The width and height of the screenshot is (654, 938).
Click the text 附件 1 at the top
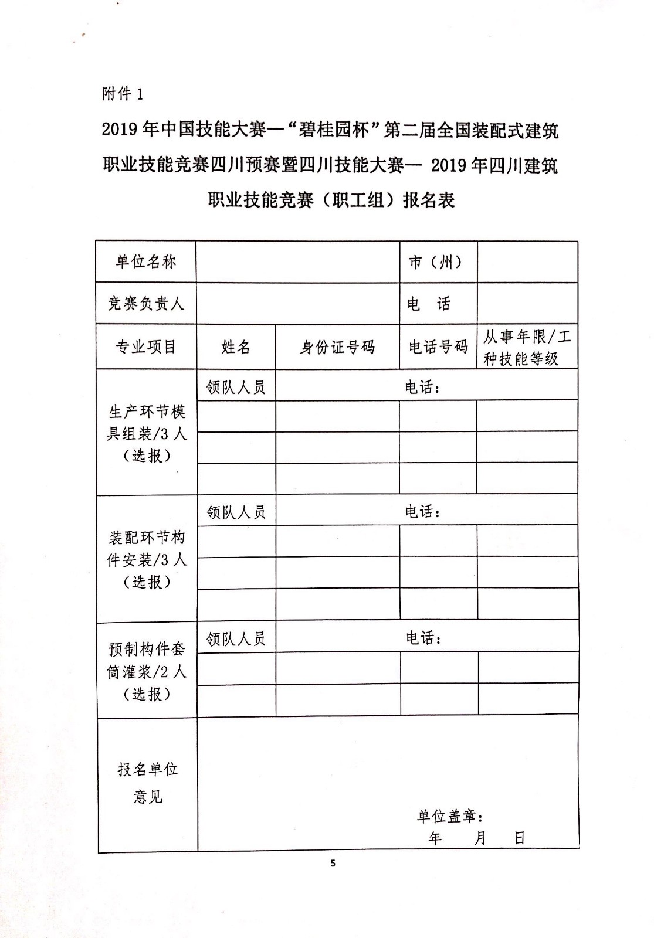coord(123,94)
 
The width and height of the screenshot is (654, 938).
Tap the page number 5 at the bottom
coord(333,862)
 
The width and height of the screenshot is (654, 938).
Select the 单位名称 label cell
coord(146,261)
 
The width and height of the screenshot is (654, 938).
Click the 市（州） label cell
coord(437,262)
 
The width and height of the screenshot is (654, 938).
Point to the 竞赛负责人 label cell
coord(146,303)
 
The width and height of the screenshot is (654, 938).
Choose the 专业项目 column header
coord(146,346)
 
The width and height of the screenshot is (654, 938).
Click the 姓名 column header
coord(236,347)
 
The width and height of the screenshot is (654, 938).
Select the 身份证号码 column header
coord(337,347)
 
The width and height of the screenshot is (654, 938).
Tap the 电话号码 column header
coord(438,347)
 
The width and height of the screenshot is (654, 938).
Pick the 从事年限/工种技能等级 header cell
coord(527,347)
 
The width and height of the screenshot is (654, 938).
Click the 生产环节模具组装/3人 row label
coord(147,433)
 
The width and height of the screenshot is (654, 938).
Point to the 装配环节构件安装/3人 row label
coord(147,559)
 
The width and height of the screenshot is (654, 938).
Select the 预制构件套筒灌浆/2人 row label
coord(147,671)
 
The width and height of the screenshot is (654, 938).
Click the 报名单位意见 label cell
coord(147,783)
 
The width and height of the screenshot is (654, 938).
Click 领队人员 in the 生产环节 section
coord(236,387)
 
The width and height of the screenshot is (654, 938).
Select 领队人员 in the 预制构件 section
coord(236,638)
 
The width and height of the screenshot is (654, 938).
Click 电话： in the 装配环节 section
coord(422,512)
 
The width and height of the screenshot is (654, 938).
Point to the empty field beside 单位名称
coord(298,262)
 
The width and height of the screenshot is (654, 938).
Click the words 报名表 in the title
coord(429,200)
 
